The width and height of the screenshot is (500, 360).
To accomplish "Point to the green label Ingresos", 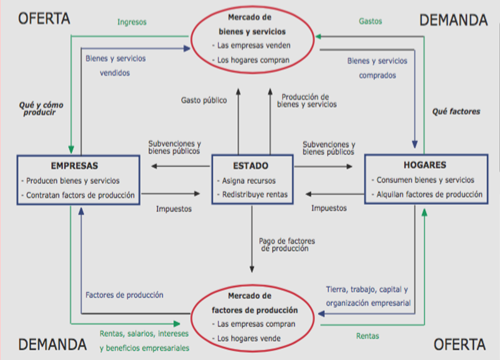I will coord(132,22).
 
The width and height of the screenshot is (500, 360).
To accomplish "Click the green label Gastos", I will coord(370,21).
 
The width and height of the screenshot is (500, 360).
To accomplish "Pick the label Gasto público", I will coord(204,100).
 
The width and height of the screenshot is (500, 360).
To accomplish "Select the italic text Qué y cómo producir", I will coord(41,109).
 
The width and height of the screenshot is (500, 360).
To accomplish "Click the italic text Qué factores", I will coord(456,112).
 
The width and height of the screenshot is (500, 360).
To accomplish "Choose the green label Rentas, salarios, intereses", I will coord(144,333).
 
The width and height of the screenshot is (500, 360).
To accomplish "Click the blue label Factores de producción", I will coord(125,295).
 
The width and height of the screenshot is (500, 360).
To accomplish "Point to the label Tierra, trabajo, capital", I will coord(367,290).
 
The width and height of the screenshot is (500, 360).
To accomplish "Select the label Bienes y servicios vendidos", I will coord(115,65).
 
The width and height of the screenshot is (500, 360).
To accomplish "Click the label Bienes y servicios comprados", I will coord(377,69).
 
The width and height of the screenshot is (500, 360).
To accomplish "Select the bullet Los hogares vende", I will coord(249,338).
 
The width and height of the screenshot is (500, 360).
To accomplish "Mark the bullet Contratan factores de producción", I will coord(80,195).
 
